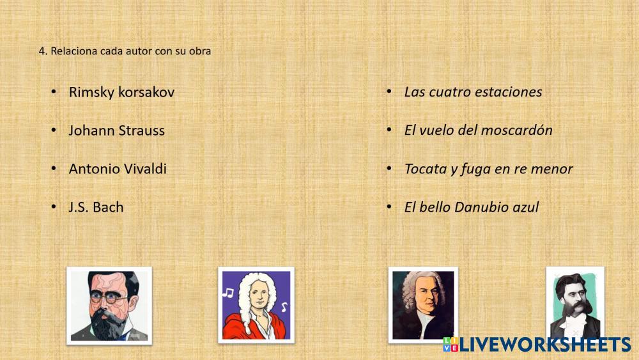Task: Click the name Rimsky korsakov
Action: coord(121,92)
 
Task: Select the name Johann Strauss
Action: coord(116,130)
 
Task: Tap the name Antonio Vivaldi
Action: coord(118,169)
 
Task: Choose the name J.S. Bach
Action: coord(96,207)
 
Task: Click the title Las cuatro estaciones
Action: coord(473,92)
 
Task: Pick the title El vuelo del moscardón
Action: coord(479,130)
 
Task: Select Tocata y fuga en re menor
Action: coord(489,169)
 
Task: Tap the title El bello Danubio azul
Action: coord(472,207)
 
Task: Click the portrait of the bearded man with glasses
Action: coord(109,306)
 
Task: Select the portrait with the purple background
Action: coord(256,305)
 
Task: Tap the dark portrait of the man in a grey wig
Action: coord(423,305)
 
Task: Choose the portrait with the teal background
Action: coord(575,304)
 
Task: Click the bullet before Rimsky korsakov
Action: coord(54,91)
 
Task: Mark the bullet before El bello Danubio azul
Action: coord(389,207)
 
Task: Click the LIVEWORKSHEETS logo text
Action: coord(545,345)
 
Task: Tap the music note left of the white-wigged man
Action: coord(228,292)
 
